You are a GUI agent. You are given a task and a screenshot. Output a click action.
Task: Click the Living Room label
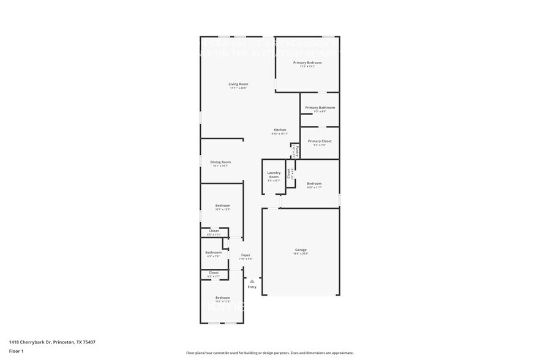point(238,84)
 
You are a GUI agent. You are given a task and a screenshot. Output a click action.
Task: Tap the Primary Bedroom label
point(307,62)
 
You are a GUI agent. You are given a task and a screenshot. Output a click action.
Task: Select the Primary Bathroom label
point(320,108)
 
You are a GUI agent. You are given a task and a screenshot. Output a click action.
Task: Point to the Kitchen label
point(279,130)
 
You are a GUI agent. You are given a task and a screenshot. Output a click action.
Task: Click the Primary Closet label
point(320,141)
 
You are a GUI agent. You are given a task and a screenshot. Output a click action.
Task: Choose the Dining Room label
point(220,162)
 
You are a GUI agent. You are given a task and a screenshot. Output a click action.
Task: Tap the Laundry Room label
point(273,174)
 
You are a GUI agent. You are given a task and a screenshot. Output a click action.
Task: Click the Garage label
point(301,249)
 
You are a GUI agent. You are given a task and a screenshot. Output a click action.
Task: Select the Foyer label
point(246,255)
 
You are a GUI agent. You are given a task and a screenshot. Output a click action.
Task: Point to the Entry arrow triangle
point(252,281)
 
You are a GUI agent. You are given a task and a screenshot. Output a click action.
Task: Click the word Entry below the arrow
point(252,287)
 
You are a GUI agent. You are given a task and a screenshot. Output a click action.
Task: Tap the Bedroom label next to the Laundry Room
point(314,184)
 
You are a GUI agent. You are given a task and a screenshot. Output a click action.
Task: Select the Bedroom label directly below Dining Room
point(222,205)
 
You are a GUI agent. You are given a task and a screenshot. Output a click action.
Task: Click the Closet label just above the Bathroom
point(214,231)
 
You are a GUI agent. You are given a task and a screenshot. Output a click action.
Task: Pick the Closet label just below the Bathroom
point(214,272)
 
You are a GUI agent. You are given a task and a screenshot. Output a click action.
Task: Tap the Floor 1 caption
point(16,351)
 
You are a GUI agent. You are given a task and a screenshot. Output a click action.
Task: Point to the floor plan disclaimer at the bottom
point(269,353)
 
